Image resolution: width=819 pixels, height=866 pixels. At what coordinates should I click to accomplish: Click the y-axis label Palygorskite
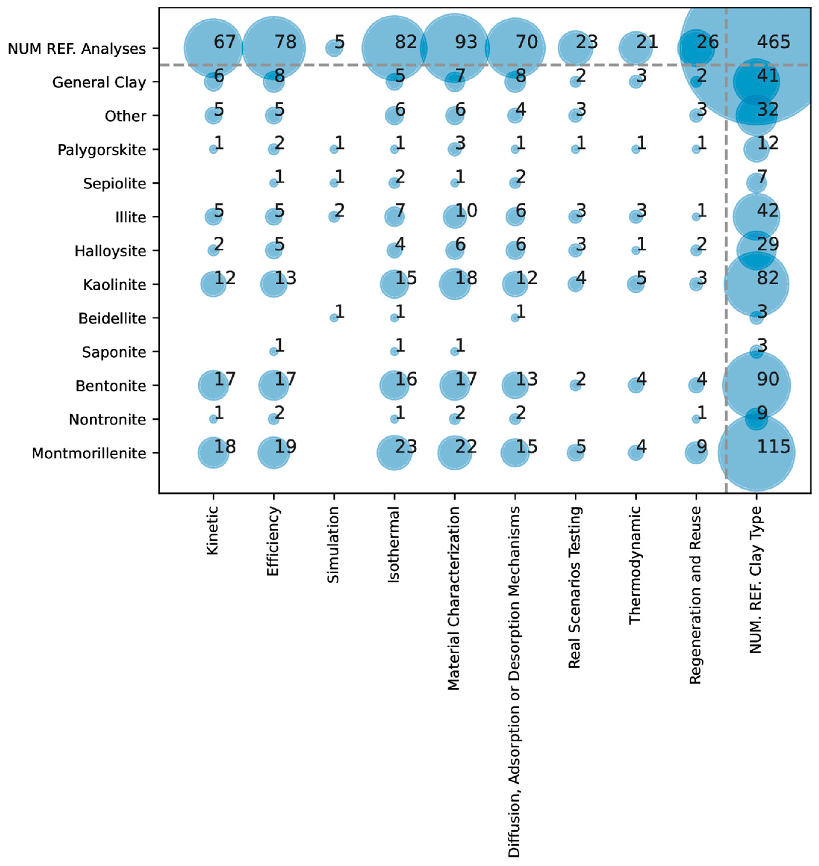[102, 150]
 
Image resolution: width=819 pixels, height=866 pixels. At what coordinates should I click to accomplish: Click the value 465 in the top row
[773, 42]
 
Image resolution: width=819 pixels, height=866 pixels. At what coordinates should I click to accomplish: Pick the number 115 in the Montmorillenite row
[773, 446]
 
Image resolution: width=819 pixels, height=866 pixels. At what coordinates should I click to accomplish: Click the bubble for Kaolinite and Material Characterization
[454, 284]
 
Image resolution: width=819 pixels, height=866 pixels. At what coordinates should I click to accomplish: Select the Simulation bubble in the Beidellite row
[334, 318]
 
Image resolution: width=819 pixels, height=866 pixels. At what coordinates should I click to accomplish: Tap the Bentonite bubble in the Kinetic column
[213, 385]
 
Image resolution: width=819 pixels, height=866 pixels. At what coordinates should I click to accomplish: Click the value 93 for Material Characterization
[466, 42]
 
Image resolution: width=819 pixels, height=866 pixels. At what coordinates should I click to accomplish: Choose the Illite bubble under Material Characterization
[454, 217]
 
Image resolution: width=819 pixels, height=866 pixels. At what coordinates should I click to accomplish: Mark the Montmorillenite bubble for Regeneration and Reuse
[696, 453]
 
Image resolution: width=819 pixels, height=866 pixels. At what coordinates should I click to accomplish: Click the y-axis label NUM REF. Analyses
[77, 48]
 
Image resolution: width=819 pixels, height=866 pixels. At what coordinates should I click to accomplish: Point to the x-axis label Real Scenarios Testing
[575, 587]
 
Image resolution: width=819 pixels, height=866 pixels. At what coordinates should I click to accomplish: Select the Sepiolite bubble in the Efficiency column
[273, 183]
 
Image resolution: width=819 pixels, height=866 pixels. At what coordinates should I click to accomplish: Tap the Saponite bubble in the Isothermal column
[394, 351]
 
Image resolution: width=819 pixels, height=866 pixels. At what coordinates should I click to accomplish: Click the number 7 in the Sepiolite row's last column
[762, 177]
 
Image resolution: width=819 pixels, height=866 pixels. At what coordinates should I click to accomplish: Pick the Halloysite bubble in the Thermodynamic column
[635, 250]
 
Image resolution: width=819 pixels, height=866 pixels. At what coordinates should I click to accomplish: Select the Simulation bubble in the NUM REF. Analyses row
[334, 48]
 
